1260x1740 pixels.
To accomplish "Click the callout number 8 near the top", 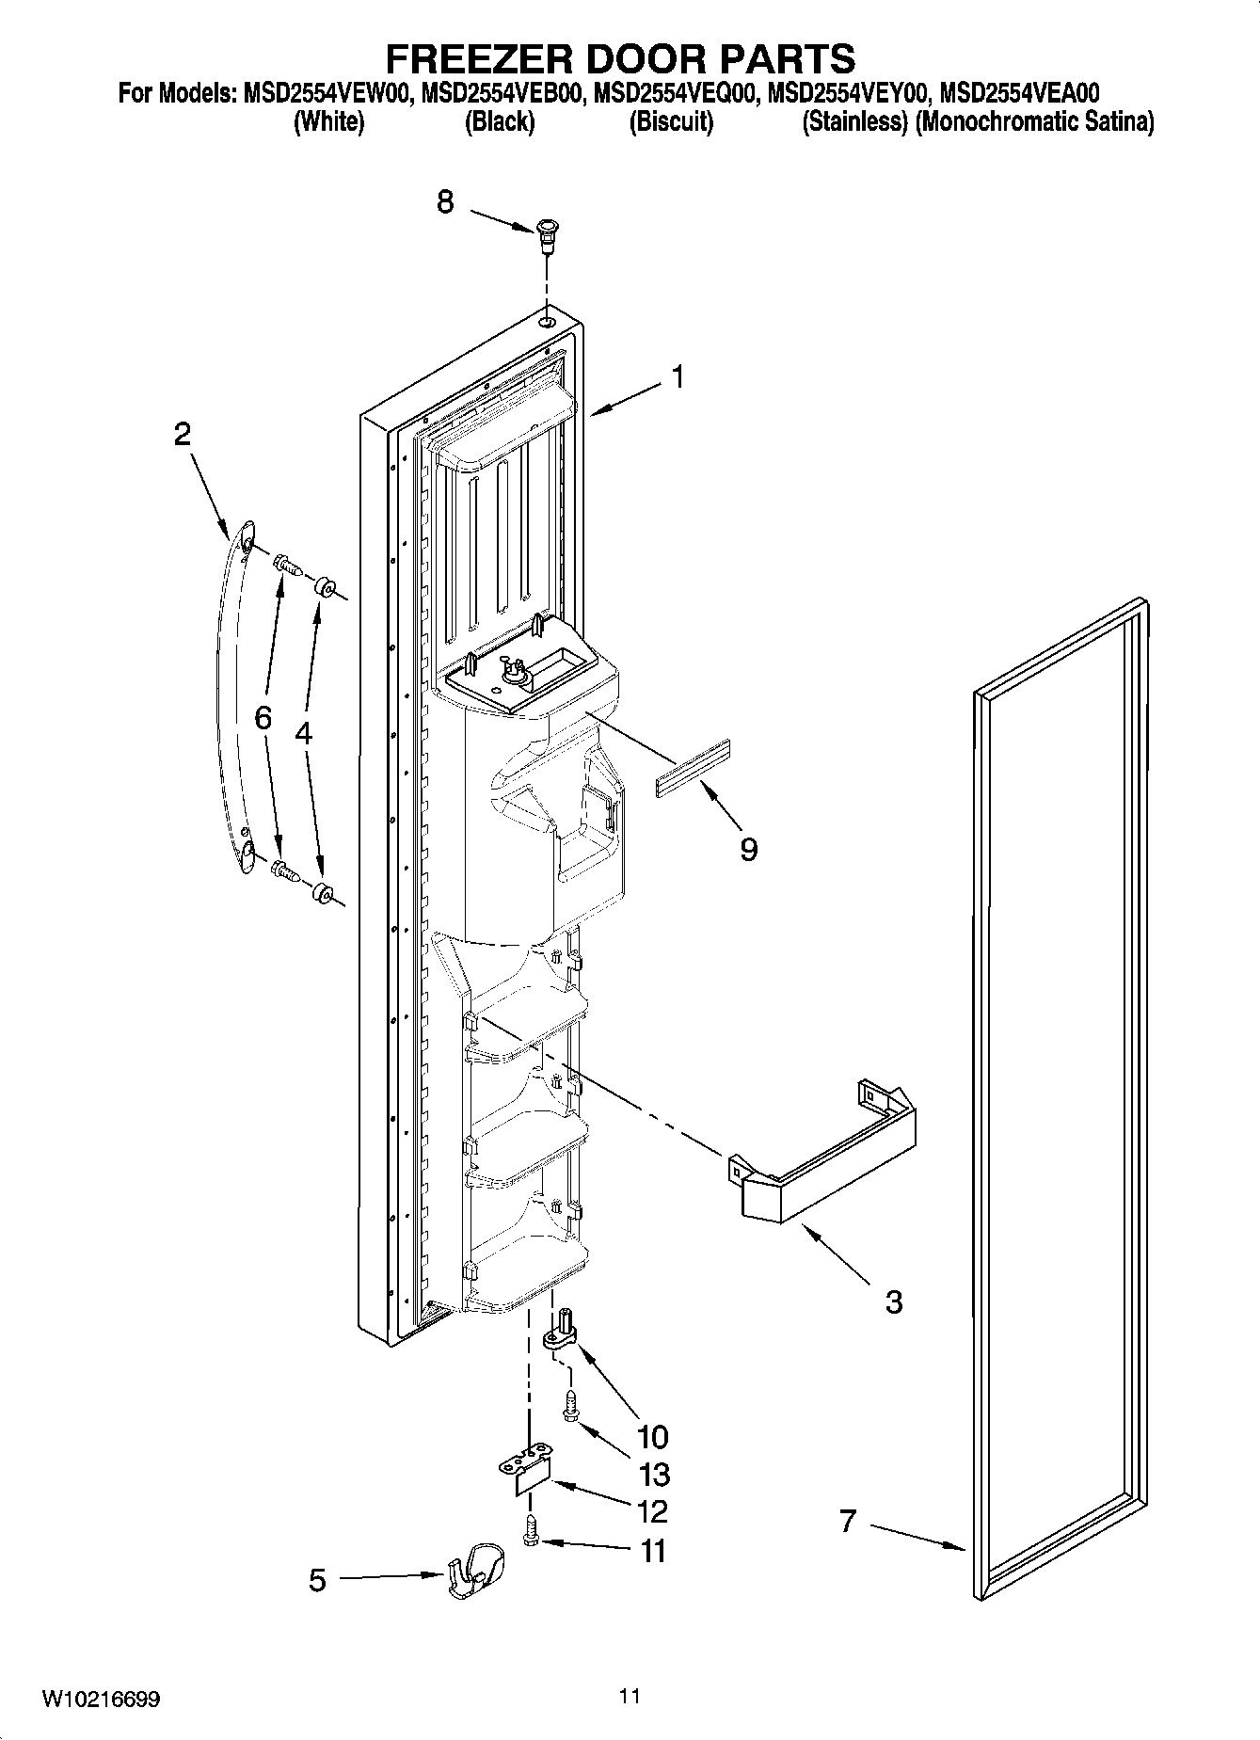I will coord(445,201).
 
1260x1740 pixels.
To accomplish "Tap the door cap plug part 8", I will coord(546,235).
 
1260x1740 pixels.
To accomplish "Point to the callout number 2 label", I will coord(182,434).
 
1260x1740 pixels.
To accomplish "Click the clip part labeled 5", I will coord(475,1582).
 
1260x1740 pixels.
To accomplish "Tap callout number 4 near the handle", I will coord(303,733).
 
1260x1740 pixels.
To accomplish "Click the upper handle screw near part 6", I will coord(285,567).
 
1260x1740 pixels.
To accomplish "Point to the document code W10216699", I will coord(100,1699).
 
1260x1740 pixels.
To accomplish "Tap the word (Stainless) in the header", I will coord(853,122).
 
